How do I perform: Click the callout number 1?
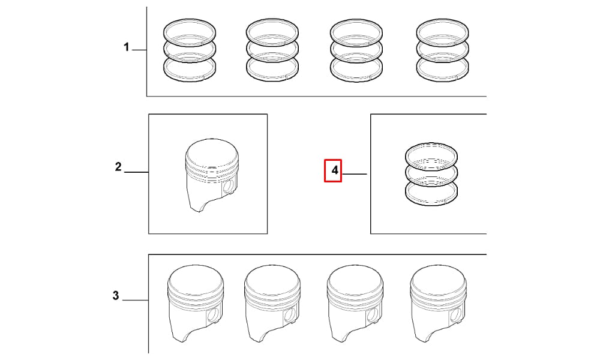coord(126,47)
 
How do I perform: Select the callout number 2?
coord(118,167)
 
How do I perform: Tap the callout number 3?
coord(116,296)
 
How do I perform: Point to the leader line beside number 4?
coord(355,174)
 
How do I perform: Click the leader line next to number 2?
coord(137,172)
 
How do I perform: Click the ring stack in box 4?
coord(431,174)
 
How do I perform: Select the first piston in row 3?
coord(196,304)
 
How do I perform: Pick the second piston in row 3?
coord(272,304)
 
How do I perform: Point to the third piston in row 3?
coord(355,304)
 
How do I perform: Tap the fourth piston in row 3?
coord(439,304)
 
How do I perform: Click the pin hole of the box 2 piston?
coord(229,187)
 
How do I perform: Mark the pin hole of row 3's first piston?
coord(214,315)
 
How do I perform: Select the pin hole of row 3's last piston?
coord(456,315)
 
